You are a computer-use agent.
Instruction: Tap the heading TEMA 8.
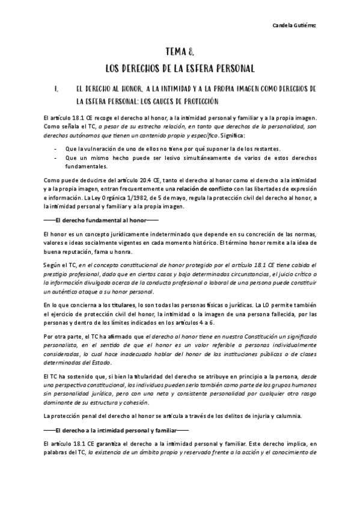180,52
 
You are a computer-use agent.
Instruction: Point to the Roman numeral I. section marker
55,90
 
